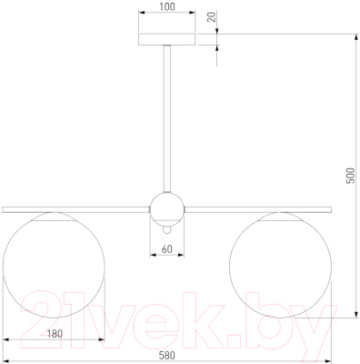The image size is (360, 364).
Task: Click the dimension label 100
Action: click(167, 6)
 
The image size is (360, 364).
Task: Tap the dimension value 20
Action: click(213, 16)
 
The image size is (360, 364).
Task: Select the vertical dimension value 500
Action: click(350, 176)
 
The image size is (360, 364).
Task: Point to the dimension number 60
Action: click(167, 249)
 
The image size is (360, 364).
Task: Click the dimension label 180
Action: click(55, 334)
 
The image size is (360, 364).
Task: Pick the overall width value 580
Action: click(167, 355)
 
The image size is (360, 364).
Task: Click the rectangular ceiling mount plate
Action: click(167, 39)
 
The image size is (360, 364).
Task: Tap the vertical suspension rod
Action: click(167, 118)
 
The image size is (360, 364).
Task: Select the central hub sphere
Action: click(167, 208)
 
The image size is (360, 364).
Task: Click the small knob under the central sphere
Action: click(167, 230)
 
